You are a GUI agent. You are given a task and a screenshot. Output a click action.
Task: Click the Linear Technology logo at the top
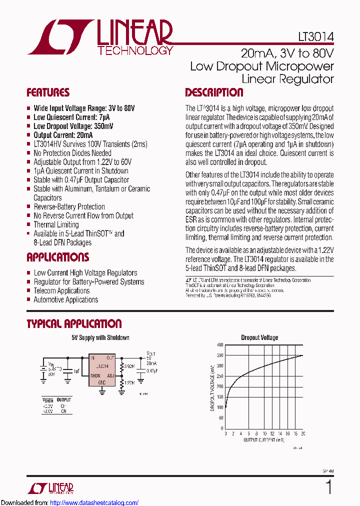tap(100, 37)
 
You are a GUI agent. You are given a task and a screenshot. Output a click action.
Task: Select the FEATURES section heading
tap(48, 92)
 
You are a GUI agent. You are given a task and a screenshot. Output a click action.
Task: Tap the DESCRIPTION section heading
tap(214, 92)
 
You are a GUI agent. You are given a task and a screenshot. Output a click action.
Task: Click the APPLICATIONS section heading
tap(57, 257)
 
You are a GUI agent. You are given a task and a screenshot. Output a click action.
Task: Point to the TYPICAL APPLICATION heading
tap(74, 323)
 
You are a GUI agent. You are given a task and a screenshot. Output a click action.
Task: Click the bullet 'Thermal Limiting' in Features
tap(56, 224)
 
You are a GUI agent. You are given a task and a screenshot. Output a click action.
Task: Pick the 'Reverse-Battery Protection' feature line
tap(69, 206)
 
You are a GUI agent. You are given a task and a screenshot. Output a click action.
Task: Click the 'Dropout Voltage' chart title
tap(259, 337)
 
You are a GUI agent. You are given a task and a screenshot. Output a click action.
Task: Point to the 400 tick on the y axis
tap(220, 345)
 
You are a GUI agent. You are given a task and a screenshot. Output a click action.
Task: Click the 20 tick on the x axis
tap(302, 433)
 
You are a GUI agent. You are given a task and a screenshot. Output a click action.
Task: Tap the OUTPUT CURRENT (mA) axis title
tap(263, 440)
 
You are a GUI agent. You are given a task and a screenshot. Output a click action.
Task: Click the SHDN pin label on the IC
tap(95, 375)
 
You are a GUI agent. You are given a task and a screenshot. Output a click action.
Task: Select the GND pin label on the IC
tap(102, 382)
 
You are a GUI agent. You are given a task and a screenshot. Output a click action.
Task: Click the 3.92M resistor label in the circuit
tap(129, 366)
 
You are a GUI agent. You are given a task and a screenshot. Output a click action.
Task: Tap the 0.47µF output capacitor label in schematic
tap(152, 371)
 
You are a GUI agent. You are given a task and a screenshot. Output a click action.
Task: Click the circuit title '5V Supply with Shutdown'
tap(100, 337)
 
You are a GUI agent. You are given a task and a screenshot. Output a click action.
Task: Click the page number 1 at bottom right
tap(328, 486)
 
